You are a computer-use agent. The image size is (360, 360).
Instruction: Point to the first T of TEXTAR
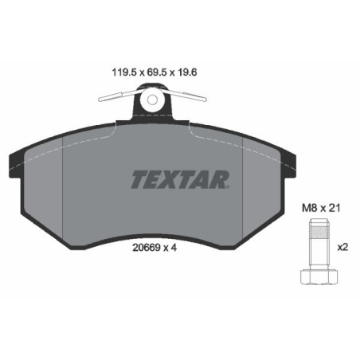[139, 179]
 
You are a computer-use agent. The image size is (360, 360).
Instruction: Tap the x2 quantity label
[343, 246]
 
